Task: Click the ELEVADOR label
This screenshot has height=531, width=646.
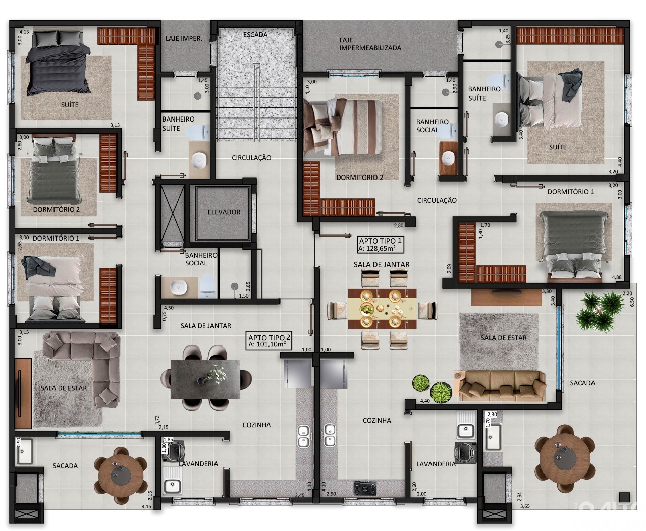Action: tap(224, 212)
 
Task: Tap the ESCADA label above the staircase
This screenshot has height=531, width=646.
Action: tap(255, 35)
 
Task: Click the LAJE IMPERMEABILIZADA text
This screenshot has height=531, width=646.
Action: tap(370, 44)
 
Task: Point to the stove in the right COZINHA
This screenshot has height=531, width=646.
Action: tap(364, 488)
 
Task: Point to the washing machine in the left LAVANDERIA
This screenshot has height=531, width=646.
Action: tap(177, 450)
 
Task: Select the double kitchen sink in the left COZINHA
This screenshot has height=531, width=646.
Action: tap(303, 436)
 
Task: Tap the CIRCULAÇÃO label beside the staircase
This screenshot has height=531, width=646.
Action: tap(251, 158)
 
